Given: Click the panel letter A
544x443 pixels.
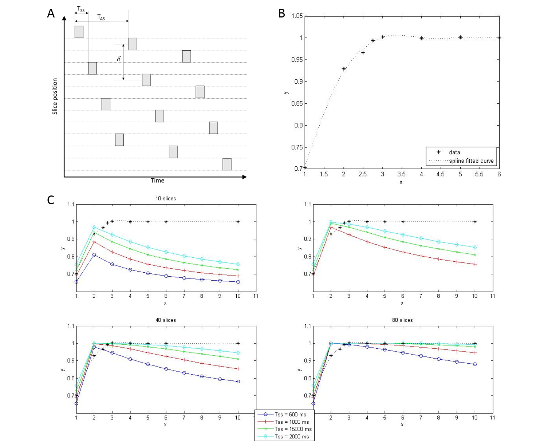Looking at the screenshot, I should tap(51, 13).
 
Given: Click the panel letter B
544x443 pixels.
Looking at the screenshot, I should tap(281, 13).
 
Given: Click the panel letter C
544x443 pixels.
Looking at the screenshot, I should tap(51, 200).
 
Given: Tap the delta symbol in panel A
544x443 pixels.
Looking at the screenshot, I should tap(119, 59).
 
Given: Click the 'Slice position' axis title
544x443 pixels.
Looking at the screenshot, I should tap(55, 96).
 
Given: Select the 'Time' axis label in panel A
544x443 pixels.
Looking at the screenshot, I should tap(158, 181).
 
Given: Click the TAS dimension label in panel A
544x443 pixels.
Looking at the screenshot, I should tap(101, 17).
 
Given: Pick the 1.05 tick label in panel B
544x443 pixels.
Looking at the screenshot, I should tap(297, 16).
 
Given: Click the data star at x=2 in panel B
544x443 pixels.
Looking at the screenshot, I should tap(344, 68).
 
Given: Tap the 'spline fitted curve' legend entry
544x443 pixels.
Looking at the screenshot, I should tap(471, 161).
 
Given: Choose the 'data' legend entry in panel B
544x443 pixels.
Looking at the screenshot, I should tap(454, 152).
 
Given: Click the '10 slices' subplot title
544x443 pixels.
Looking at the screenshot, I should tap(166, 198).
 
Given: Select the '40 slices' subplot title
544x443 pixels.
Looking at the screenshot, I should tap(166, 320).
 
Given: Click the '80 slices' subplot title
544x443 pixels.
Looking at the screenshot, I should tap(402, 320).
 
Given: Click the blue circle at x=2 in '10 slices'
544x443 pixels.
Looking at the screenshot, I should tap(94, 255).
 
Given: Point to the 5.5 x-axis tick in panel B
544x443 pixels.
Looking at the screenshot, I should tap(479, 174).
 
